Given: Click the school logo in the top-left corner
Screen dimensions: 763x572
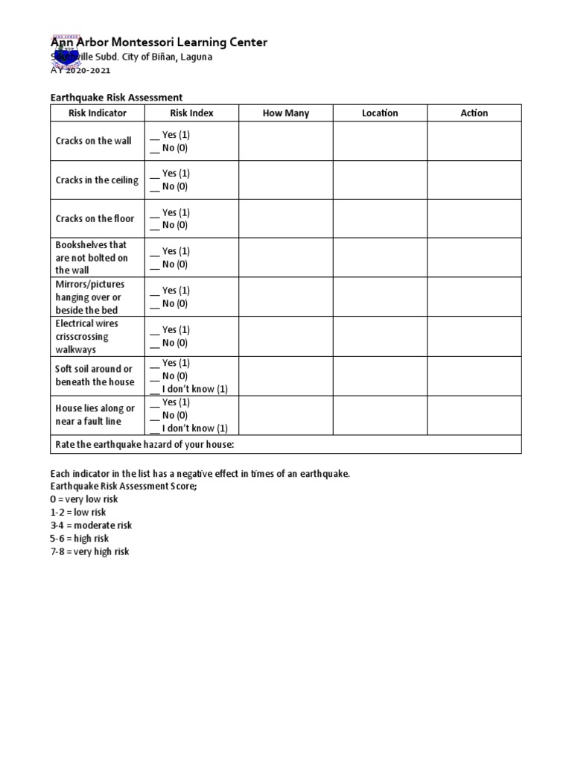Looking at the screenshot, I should pyautogui.click(x=66, y=51).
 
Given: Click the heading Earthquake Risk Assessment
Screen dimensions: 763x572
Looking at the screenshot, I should pyautogui.click(x=116, y=98).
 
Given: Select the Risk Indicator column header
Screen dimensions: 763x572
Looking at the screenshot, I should pyautogui.click(x=98, y=113).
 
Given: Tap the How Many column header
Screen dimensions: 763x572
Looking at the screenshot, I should pyautogui.click(x=286, y=113).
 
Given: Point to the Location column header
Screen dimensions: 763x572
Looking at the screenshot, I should pyautogui.click(x=380, y=113).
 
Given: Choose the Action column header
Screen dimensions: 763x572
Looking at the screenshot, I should pyautogui.click(x=474, y=113).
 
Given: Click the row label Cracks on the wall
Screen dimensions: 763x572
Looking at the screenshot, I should pyautogui.click(x=93, y=141).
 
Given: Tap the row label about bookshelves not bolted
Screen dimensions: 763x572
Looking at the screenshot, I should pyautogui.click(x=92, y=257).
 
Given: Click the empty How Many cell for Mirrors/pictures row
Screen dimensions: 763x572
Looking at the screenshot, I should pyautogui.click(x=286, y=297).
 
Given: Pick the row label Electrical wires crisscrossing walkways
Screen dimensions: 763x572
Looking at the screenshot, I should pyautogui.click(x=86, y=336).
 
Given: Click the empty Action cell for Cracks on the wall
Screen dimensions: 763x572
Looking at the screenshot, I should pyautogui.click(x=474, y=141).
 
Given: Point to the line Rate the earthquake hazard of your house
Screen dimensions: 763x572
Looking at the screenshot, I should pyautogui.click(x=144, y=445).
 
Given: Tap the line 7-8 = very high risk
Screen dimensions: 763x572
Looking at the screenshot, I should pyautogui.click(x=89, y=551).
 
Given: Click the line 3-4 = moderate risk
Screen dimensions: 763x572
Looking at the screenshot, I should pyautogui.click(x=91, y=525).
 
